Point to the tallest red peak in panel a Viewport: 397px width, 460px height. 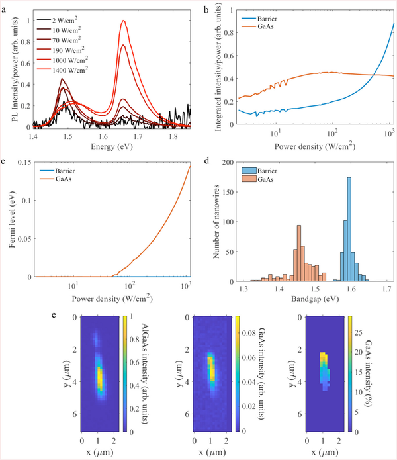[x=124, y=21]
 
